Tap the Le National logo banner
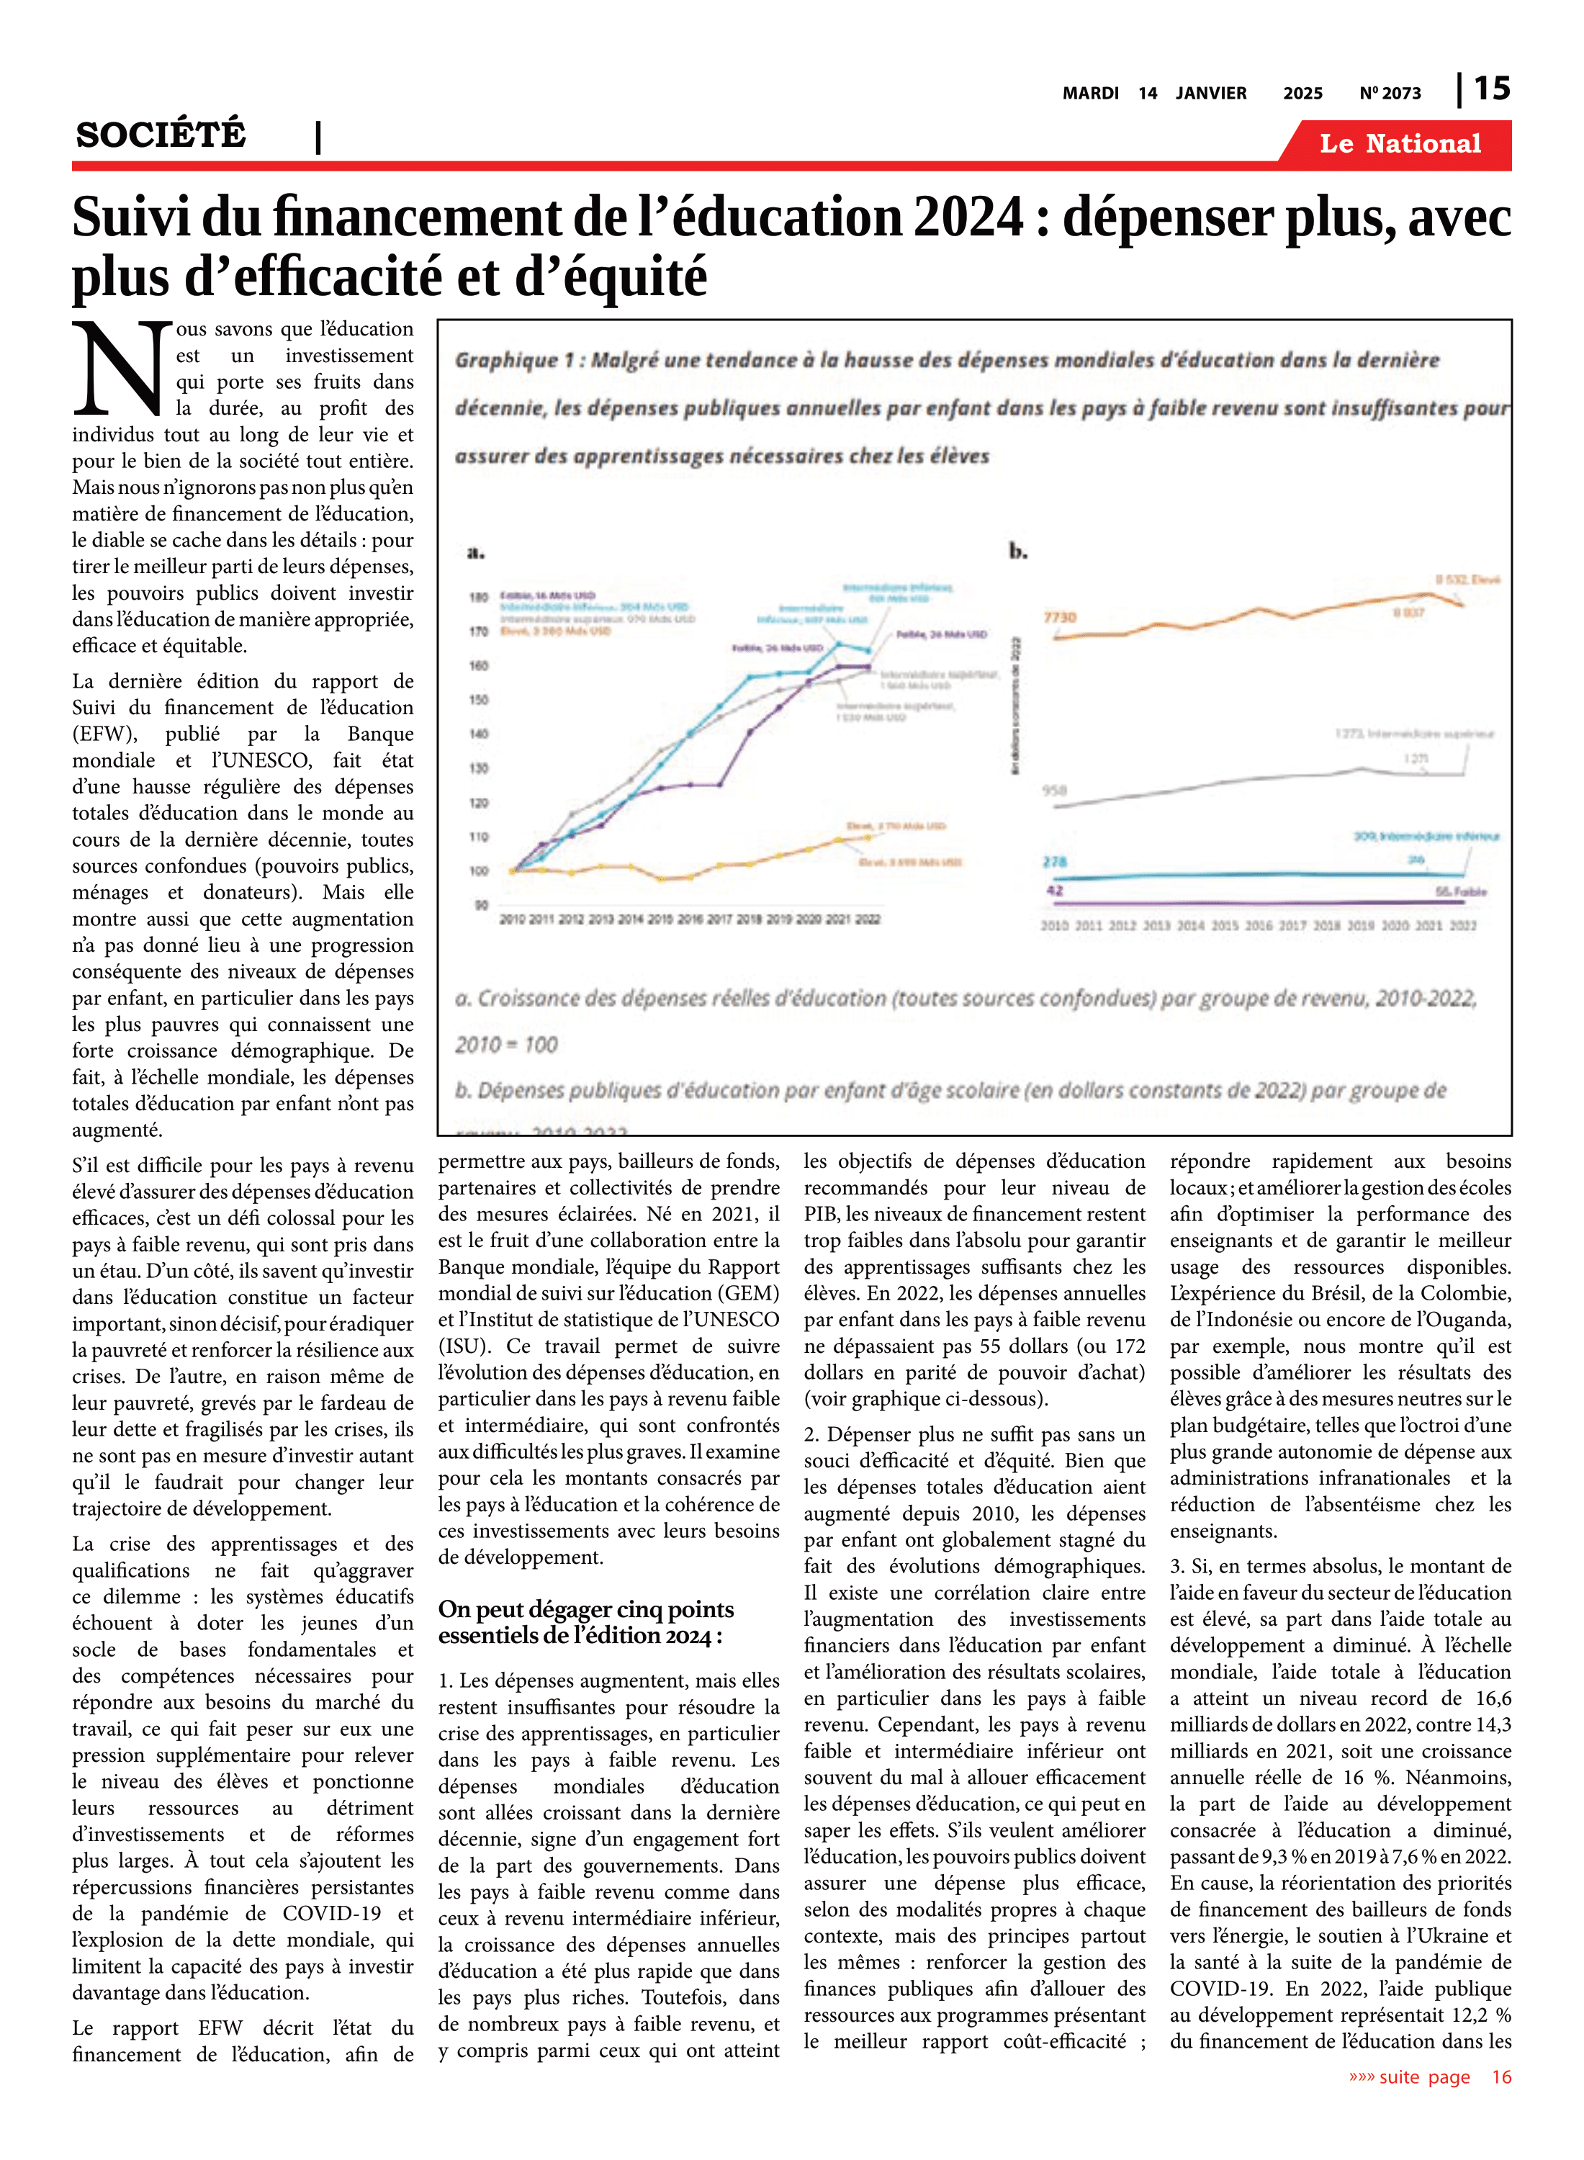pos(1399,144)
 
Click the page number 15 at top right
pos(1491,89)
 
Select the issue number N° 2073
pos(1390,94)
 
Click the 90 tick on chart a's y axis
pos(480,905)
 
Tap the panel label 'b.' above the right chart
pos(1017,552)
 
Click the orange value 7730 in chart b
pos(1060,618)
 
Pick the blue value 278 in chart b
pos(1055,862)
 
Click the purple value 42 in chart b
pos(1055,891)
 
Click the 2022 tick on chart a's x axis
pos(868,919)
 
